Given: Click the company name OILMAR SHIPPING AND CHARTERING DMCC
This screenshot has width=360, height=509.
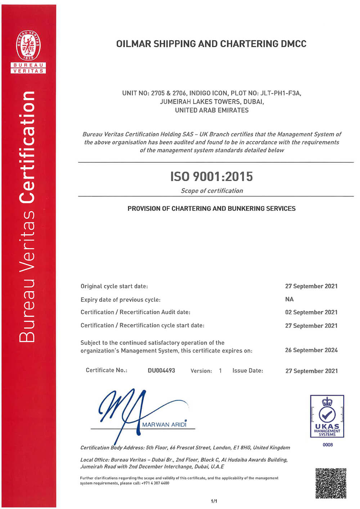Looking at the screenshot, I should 211,44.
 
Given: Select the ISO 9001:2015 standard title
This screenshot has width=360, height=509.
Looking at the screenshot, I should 212,176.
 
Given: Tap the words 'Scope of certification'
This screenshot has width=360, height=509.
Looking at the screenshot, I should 212,191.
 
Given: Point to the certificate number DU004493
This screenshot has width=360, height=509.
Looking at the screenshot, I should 161,370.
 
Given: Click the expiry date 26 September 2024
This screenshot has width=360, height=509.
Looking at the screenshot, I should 311,350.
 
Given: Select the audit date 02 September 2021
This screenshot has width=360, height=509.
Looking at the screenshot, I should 311,312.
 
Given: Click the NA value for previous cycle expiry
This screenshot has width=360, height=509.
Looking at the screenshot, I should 289,299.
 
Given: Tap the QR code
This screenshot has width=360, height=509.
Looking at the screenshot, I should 331,483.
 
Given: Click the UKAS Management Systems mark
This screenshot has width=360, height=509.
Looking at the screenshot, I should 327,416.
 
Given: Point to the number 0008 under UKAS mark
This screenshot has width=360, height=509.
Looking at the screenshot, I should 328,445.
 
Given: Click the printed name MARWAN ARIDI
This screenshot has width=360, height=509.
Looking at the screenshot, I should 164,424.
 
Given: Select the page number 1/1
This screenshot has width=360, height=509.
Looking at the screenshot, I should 214,501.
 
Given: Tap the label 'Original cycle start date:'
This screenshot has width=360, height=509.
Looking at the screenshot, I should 114,286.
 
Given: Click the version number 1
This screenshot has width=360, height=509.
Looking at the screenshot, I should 220,371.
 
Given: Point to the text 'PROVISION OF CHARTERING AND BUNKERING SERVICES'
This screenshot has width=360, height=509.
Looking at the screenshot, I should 212,208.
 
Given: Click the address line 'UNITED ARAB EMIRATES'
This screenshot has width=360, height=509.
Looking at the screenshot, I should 212,110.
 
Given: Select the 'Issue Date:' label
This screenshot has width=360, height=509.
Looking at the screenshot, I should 248,370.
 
